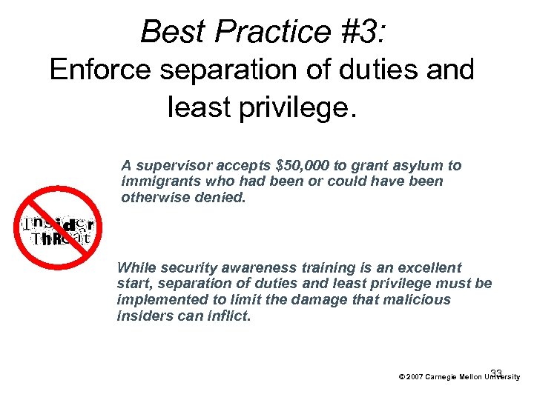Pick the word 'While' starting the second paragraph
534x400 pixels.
[136, 267]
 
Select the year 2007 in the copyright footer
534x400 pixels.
[415, 377]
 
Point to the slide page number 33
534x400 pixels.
[496, 372]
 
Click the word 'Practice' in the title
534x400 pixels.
[261, 31]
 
